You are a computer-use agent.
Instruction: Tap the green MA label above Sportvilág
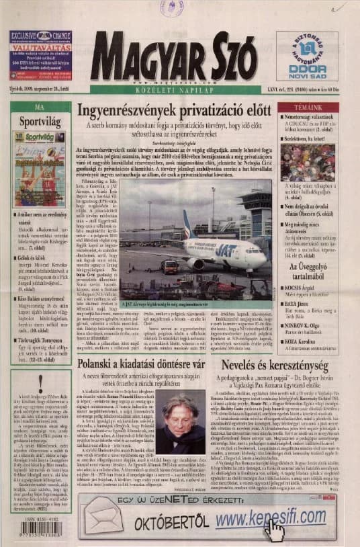40,107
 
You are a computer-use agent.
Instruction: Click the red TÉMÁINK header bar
308,107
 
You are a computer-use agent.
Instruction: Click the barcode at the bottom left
40,528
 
